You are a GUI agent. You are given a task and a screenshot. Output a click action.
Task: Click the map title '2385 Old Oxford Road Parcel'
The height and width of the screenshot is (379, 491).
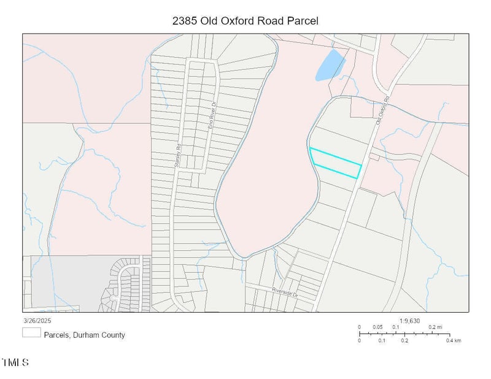coord(245,21)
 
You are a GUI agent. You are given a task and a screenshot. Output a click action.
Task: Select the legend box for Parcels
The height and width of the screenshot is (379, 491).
coord(31,334)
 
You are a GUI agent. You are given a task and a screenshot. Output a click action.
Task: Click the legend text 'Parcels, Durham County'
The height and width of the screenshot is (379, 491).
coord(84,335)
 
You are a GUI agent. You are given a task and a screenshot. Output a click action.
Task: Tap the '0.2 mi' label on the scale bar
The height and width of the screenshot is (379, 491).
coord(435,327)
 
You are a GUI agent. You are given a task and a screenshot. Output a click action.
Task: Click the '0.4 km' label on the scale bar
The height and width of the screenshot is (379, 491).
coord(452,340)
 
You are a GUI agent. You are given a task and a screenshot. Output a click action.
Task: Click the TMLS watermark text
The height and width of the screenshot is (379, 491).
coord(15,363)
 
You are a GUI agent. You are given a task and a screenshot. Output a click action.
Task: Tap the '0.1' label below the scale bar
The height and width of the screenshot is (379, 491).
coord(382,340)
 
